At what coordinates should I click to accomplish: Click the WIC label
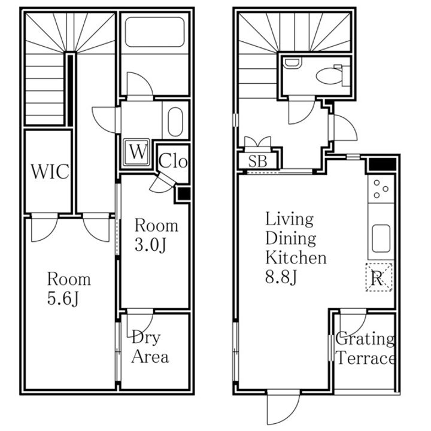[x=50, y=171]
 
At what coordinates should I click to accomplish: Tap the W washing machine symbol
[x=136, y=152]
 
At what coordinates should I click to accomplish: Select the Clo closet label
[x=173, y=161]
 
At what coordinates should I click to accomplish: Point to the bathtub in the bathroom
[x=154, y=32]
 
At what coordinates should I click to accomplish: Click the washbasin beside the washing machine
[x=175, y=122]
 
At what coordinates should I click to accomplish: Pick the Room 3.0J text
[x=156, y=235]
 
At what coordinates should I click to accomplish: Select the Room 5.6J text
[x=69, y=289]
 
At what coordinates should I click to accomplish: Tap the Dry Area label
[x=150, y=347]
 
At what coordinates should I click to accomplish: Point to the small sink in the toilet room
[x=293, y=63]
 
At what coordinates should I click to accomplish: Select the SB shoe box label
[x=258, y=161]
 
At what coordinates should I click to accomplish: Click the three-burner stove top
[x=381, y=189]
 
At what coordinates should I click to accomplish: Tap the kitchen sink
[x=381, y=239]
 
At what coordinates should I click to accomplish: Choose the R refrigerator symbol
[x=379, y=277]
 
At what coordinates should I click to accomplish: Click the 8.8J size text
[x=281, y=277]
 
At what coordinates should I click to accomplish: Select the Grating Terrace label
[x=365, y=348]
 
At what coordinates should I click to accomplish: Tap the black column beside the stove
[x=382, y=164]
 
